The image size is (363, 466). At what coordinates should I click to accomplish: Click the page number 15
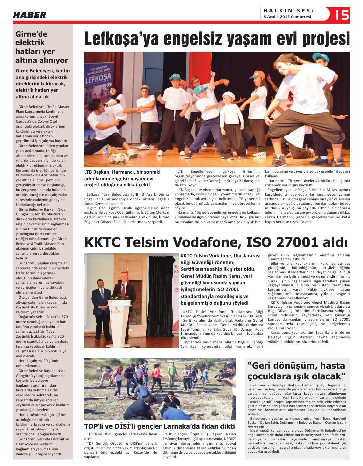click(x=342, y=15)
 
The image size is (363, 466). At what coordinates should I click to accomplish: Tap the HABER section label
click(x=30, y=15)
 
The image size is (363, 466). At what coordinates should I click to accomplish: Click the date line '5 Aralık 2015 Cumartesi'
click(x=287, y=17)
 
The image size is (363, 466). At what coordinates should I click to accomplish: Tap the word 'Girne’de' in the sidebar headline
click(x=31, y=34)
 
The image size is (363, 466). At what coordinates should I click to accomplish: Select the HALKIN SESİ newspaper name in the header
click(x=289, y=11)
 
